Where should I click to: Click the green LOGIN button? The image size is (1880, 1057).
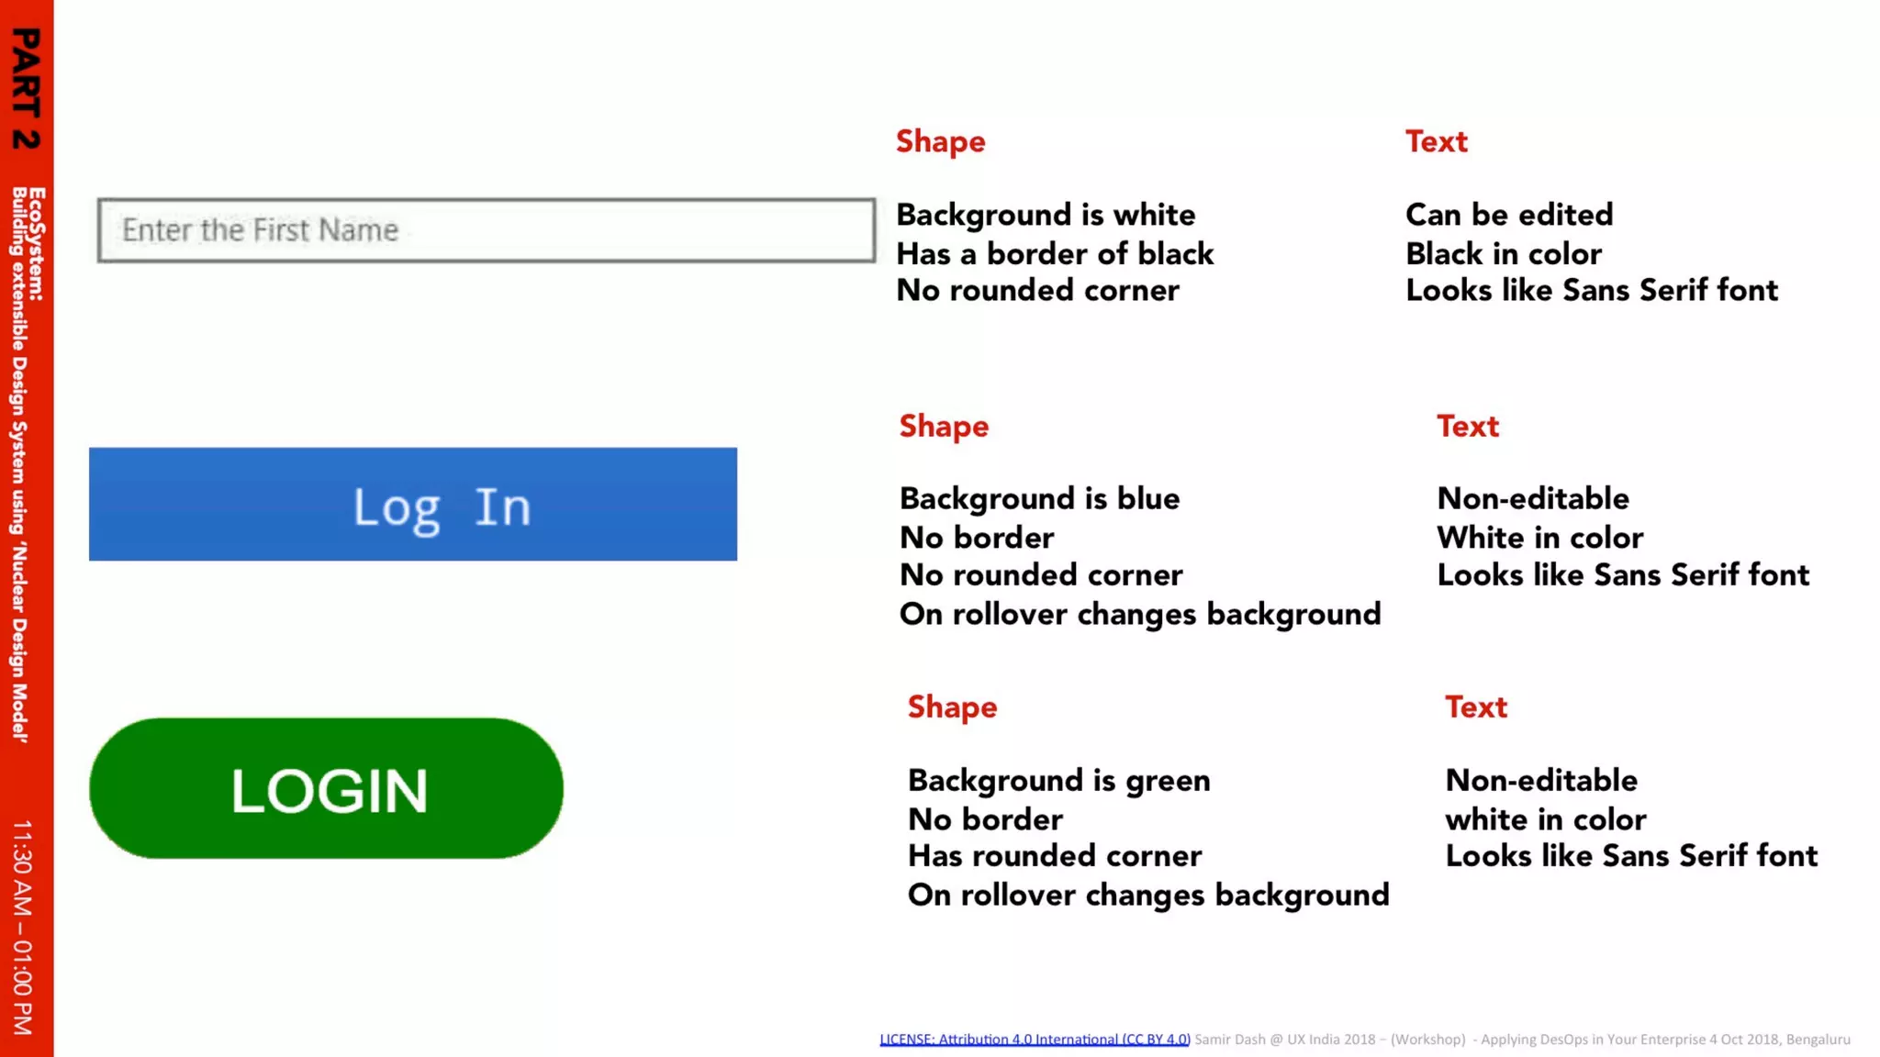click(x=326, y=789)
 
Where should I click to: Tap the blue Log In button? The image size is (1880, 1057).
click(x=413, y=505)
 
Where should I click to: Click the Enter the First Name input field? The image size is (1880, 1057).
click(x=487, y=230)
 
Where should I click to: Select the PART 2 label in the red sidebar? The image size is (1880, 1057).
click(x=26, y=88)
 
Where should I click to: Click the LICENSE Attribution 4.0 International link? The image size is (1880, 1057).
click(x=1035, y=1040)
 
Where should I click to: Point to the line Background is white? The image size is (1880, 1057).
click(x=1046, y=215)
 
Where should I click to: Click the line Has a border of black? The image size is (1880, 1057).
click(x=1055, y=254)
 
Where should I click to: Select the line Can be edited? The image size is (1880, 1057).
click(x=1509, y=215)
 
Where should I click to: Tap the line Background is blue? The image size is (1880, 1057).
click(x=1039, y=499)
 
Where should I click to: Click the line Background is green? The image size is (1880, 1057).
click(x=1058, y=781)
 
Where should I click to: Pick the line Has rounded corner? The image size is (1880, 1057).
click(x=1054, y=856)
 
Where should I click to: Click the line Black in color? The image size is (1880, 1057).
click(x=1504, y=254)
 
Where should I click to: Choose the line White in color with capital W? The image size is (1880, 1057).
click(x=1539, y=538)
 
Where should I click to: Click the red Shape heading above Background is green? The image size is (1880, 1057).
click(x=952, y=707)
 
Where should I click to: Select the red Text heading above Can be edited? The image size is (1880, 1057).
click(x=1436, y=142)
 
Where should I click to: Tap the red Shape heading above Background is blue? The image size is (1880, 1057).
click(x=944, y=427)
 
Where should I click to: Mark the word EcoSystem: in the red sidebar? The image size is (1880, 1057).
click(x=37, y=244)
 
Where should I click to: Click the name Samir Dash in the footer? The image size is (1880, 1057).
click(x=1229, y=1040)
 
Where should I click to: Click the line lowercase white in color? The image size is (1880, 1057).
click(x=1545, y=819)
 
